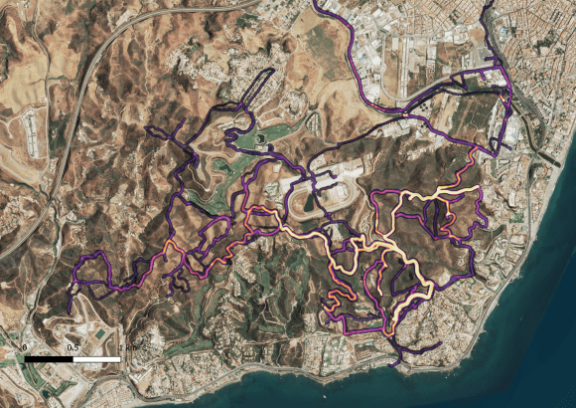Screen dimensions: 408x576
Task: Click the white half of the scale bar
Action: (96, 356)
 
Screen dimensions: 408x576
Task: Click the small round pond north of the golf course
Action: (261, 139)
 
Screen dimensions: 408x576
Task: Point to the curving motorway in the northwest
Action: (94, 80)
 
